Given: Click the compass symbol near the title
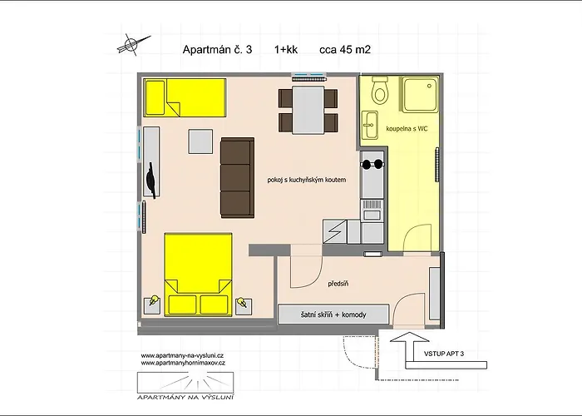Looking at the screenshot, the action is click(130, 45).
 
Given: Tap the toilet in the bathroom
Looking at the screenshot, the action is click(380, 90).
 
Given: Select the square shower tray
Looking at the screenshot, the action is click(420, 94).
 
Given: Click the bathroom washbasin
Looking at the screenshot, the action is click(369, 125).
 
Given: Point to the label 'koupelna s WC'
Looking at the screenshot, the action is click(407, 128).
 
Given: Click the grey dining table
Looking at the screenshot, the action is click(308, 110).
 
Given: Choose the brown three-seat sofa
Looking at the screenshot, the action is click(238, 178).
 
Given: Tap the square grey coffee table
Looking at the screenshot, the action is click(200, 141).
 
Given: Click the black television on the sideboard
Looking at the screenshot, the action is click(151, 180).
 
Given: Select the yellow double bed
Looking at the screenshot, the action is click(198, 274).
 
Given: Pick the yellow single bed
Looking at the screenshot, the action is click(185, 97).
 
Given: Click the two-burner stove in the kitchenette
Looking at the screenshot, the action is click(372, 164).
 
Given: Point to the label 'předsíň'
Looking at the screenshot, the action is click(338, 284).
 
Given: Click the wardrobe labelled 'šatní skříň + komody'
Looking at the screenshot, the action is click(333, 314).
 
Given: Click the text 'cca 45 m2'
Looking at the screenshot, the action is click(345, 49).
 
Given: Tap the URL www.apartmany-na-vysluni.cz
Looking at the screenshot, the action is click(182, 355).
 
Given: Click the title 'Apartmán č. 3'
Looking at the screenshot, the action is click(217, 49).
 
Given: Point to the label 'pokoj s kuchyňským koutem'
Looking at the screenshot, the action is click(307, 180).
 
